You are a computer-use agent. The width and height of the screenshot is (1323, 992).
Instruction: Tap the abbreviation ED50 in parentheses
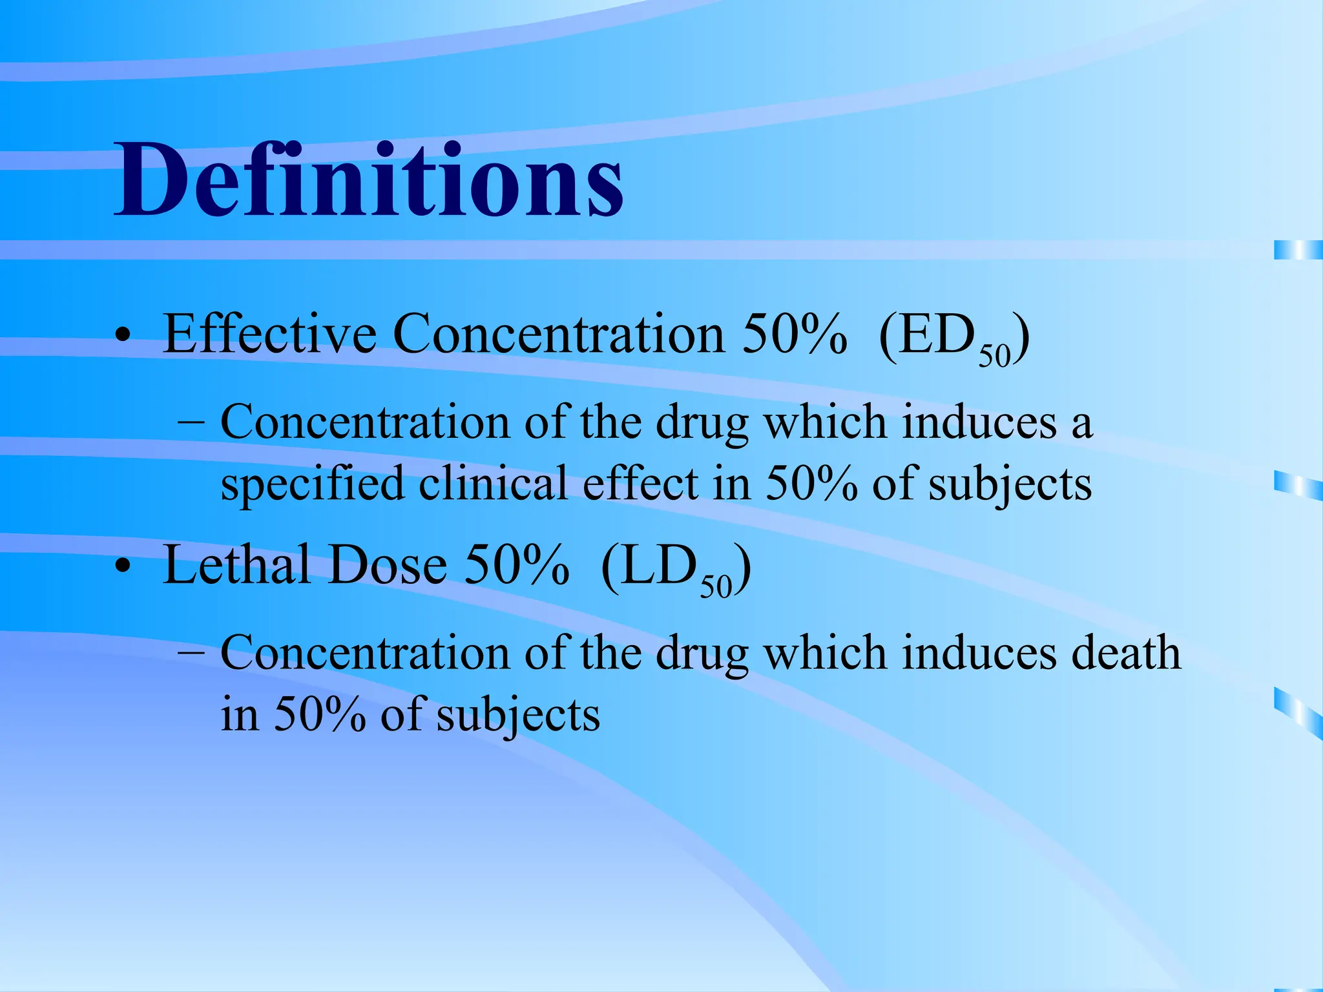coord(953,337)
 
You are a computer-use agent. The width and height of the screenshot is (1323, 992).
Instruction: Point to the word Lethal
coord(236,565)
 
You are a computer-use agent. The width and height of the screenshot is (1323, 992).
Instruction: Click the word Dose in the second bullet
coord(388,565)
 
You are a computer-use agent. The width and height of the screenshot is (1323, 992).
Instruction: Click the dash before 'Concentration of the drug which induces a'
coord(191,424)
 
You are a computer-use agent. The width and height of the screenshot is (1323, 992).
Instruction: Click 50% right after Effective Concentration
coord(794,334)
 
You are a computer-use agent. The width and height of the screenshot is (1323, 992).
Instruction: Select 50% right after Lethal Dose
coord(517,565)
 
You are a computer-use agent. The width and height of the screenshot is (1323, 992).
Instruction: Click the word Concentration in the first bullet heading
coord(558,334)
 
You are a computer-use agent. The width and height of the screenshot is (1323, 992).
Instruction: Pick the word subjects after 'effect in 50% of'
coord(1010,485)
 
